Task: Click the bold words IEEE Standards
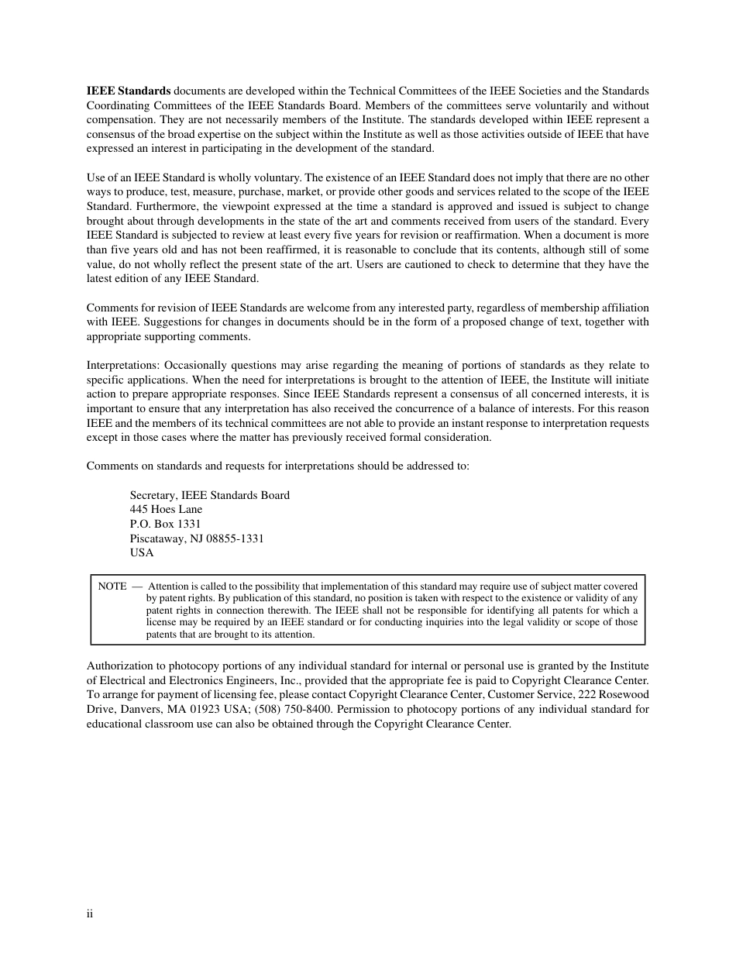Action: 128,91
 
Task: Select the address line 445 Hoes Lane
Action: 166,510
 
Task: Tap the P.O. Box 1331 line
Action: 165,524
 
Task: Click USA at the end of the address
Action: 142,553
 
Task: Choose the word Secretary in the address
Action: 153,495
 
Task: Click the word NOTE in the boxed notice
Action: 112,587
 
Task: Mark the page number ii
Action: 90,914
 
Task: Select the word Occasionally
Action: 197,366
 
